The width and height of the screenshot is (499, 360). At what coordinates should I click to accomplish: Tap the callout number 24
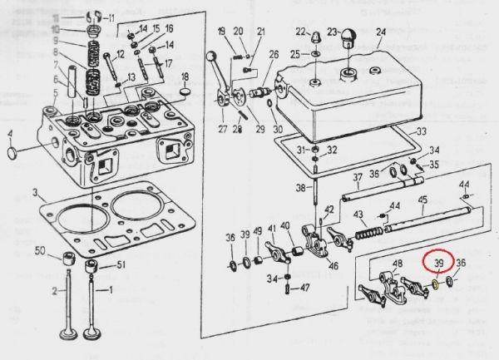(381, 34)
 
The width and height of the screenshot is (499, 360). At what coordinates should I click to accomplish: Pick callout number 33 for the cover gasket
(421, 131)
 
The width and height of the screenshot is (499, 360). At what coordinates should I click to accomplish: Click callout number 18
(185, 77)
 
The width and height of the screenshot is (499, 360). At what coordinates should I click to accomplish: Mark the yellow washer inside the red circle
(434, 284)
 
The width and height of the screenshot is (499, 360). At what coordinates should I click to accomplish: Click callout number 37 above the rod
(356, 177)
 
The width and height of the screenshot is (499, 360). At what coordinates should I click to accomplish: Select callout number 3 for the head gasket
(35, 194)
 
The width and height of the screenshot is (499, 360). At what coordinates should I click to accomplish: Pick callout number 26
(274, 55)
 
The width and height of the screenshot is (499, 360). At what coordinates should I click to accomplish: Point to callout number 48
(397, 265)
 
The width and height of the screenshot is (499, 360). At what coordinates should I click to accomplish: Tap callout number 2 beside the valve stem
(55, 290)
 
